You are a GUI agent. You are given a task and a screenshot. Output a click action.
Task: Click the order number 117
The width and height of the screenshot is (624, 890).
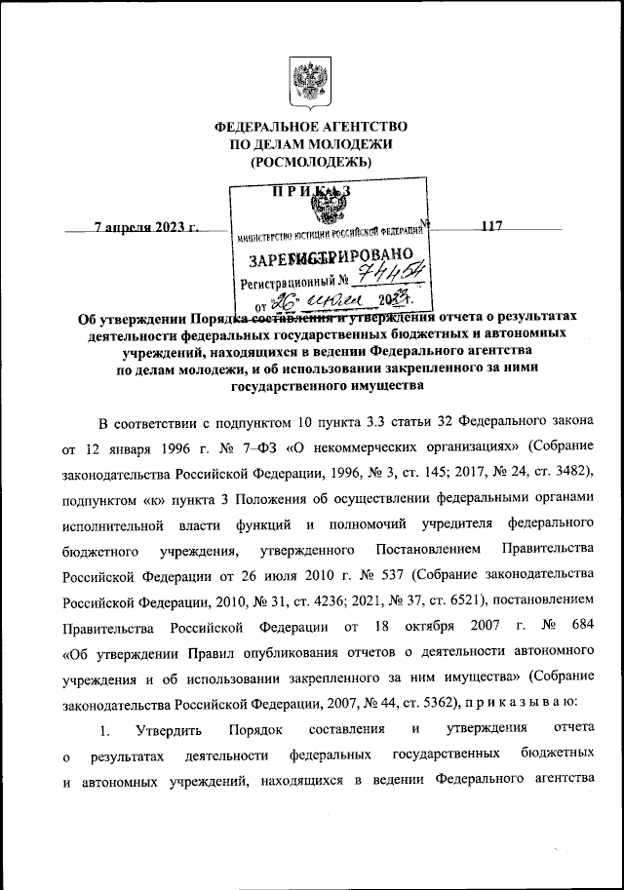coord(490,227)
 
